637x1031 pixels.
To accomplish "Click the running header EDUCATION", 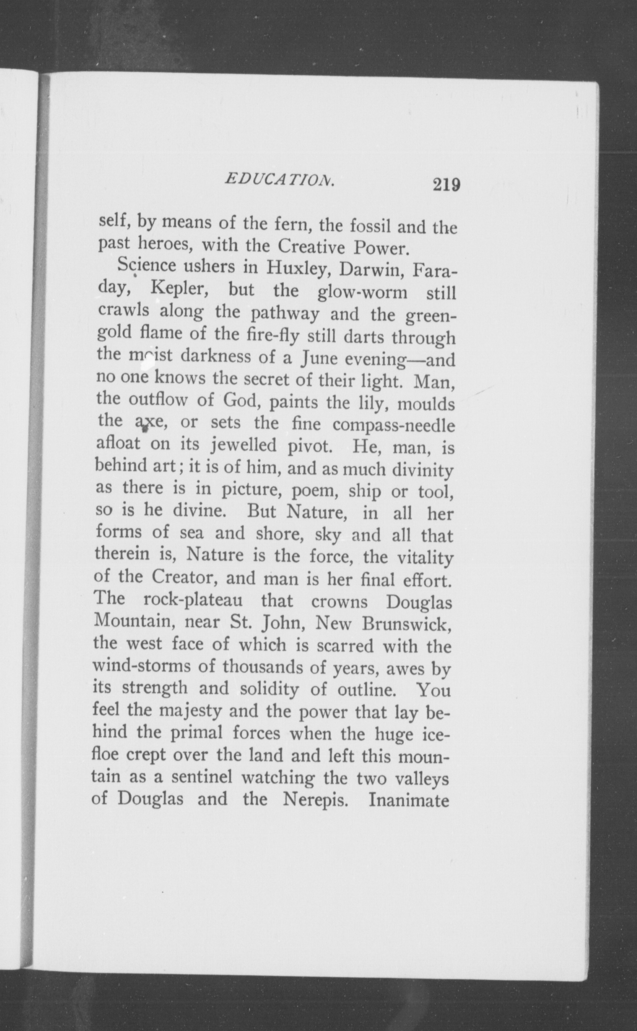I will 280,180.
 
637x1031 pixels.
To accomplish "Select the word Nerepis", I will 316,799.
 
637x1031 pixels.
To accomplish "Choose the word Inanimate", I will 409,800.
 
